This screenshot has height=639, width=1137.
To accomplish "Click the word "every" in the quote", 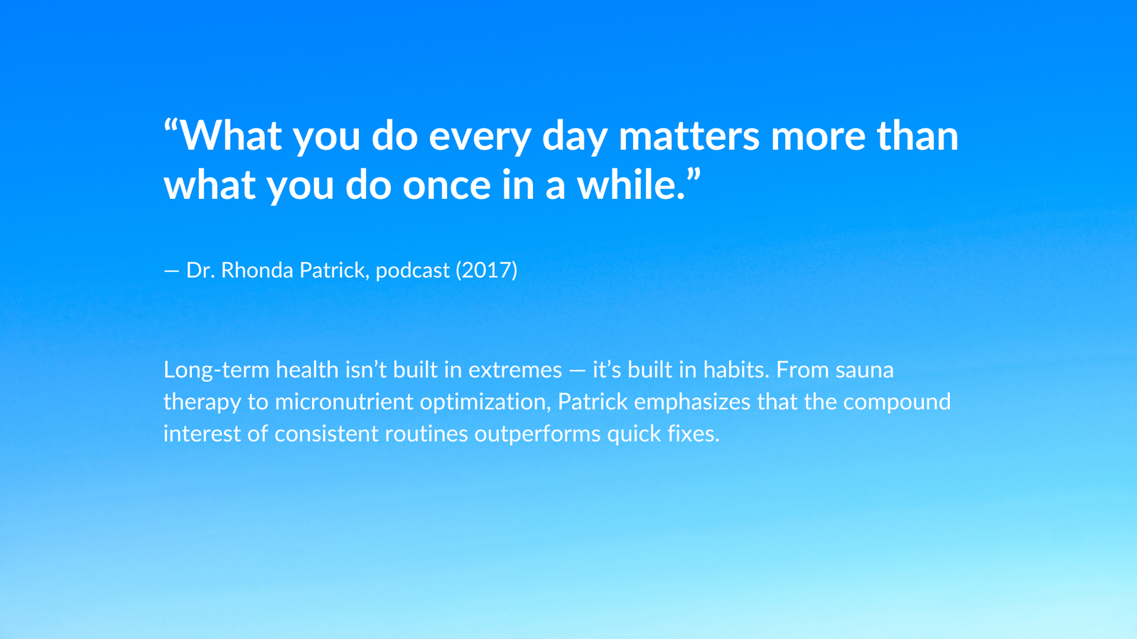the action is tap(480, 138).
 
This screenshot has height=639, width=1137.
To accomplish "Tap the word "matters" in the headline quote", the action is tap(689, 135).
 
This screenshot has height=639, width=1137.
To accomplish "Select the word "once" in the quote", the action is tap(447, 185).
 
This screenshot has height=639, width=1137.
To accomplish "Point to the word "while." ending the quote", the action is tap(631, 184).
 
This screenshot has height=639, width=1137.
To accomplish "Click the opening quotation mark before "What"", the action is tap(171, 126).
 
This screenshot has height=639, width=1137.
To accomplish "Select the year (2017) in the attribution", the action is tap(486, 271).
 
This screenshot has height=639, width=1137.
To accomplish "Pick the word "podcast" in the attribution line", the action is tap(413, 271).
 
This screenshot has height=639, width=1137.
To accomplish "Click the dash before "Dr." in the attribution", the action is tap(171, 271).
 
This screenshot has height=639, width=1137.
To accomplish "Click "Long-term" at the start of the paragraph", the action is tap(216, 370).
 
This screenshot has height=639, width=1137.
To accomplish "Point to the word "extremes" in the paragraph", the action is tap(514, 371).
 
